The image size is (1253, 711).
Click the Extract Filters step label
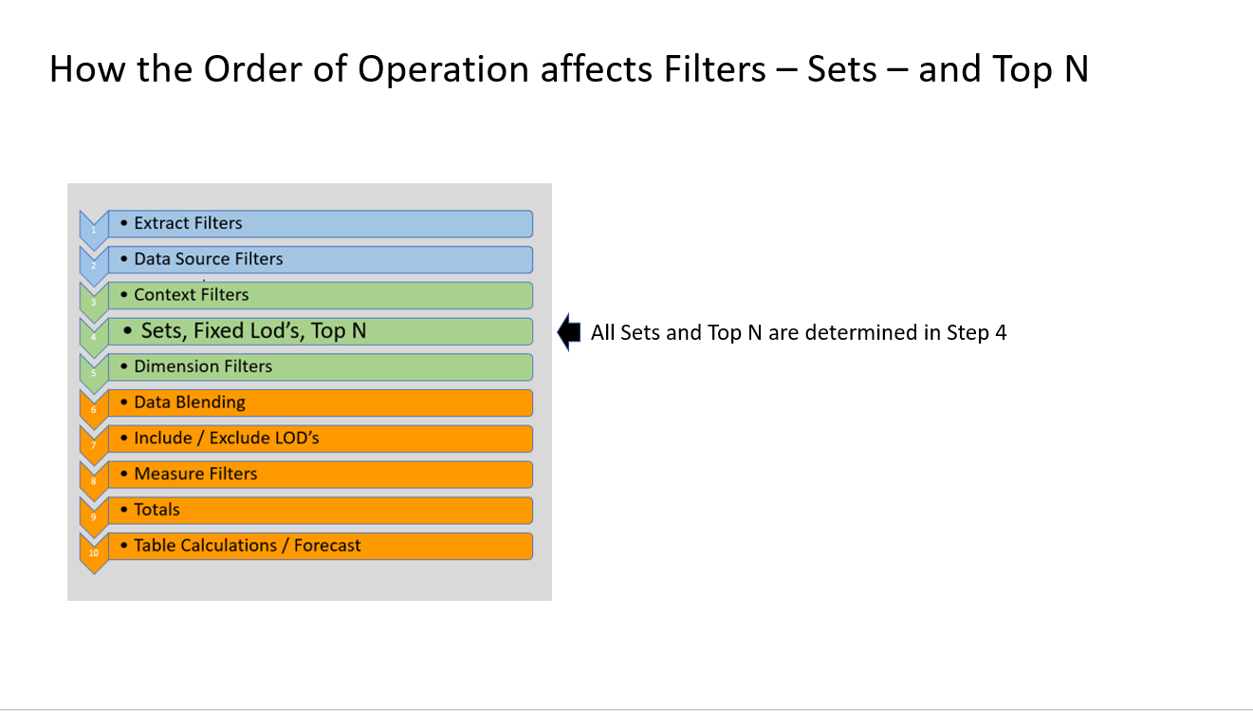[x=188, y=223]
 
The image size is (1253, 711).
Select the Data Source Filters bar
[x=209, y=259]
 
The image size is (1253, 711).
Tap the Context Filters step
[x=192, y=294]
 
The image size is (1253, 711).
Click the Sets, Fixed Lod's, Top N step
[x=253, y=330]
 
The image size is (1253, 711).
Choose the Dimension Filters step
[x=203, y=366]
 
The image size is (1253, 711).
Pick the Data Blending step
[x=190, y=402]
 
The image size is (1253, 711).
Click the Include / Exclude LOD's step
[x=233, y=439]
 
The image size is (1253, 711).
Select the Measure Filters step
[x=195, y=474]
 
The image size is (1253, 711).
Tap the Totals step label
[x=157, y=510]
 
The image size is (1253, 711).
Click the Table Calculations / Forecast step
[x=248, y=546]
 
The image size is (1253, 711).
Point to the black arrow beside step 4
[x=569, y=332]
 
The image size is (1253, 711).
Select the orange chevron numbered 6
[x=93, y=409]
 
